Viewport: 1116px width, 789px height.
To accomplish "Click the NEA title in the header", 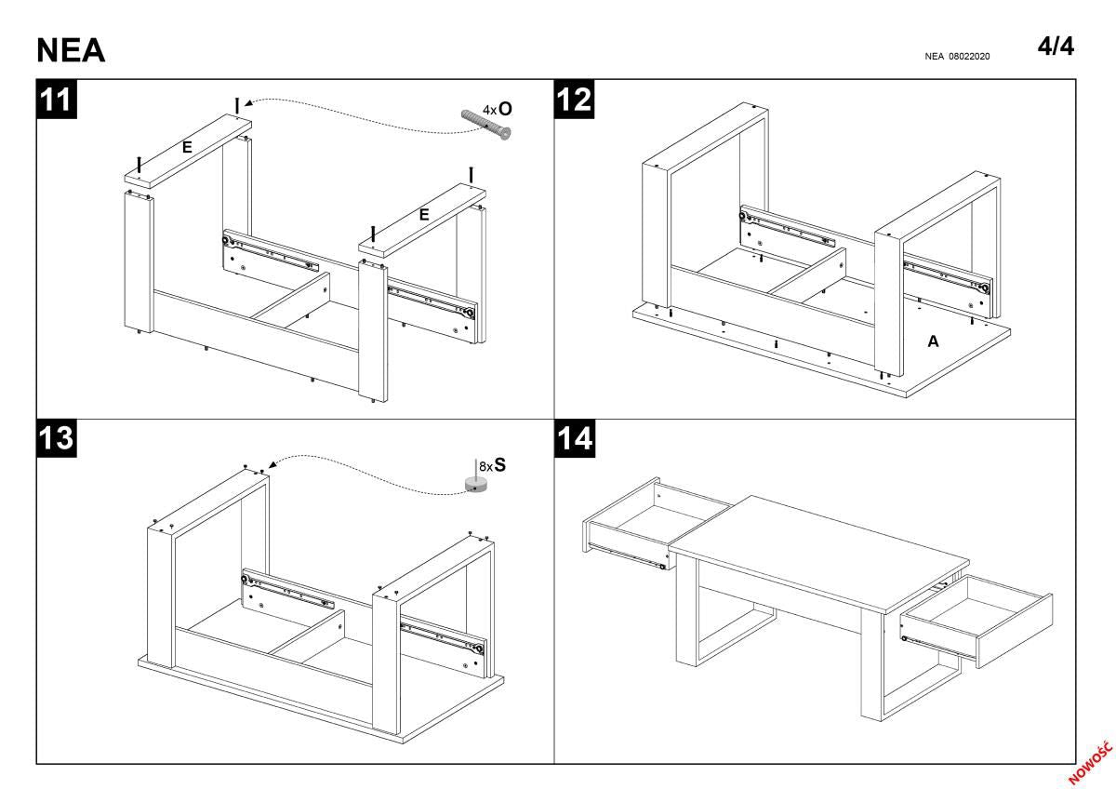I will click(x=71, y=52).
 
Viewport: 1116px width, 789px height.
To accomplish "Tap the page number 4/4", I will click(x=1056, y=47).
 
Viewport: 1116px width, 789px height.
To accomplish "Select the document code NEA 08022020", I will click(x=957, y=57).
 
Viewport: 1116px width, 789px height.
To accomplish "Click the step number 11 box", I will click(x=56, y=100).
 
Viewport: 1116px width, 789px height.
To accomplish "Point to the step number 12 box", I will click(x=574, y=100).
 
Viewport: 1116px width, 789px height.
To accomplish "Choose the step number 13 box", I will click(x=56, y=438).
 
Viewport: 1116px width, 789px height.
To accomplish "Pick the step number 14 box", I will click(x=574, y=438).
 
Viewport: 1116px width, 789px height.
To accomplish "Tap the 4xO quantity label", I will click(x=497, y=108).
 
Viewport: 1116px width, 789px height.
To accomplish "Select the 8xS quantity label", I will click(x=492, y=464).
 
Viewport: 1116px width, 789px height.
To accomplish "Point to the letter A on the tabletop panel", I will click(x=933, y=341).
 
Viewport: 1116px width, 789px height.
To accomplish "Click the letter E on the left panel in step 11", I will click(x=187, y=146).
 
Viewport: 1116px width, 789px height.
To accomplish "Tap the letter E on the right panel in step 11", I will click(x=424, y=215).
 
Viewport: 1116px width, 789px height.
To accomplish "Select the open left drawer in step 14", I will click(x=632, y=530).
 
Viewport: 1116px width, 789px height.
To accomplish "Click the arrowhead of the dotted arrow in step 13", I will click(x=271, y=464).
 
